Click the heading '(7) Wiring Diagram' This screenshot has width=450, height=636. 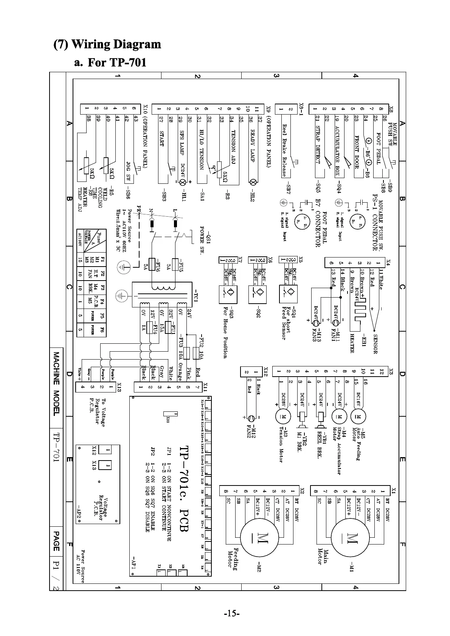pos(107,44)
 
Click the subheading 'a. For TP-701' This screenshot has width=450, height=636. pos(110,62)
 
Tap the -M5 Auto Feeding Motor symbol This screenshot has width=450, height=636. pos(358,416)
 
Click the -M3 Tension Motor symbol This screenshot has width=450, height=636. pos(282,416)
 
